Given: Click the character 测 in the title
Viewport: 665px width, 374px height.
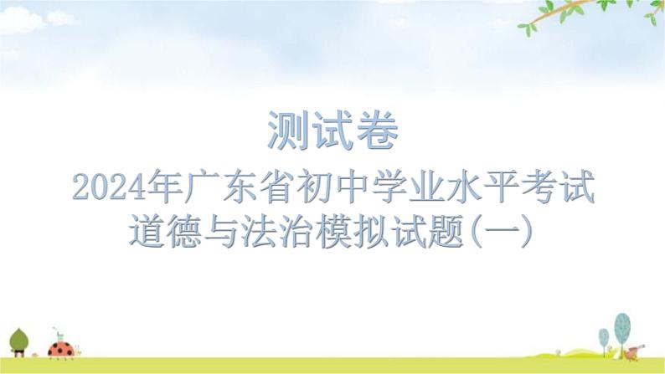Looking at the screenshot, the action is coord(287,131).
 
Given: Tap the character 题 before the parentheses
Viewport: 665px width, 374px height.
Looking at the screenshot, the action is coord(446,231).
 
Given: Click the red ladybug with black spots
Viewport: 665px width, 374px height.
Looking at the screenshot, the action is coord(61,350).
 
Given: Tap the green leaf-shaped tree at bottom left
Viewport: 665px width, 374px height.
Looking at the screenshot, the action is coord(19,342).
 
